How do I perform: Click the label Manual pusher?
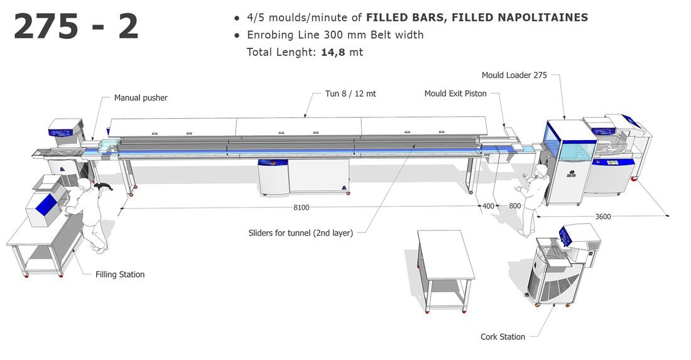(x=141, y=98)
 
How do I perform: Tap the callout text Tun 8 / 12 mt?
(x=351, y=94)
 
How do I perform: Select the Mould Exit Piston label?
(x=455, y=94)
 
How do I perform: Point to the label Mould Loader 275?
(x=514, y=75)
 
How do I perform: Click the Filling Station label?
(x=120, y=275)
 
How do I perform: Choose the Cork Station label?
(x=503, y=337)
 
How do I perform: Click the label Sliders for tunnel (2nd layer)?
(x=300, y=233)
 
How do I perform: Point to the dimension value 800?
(x=514, y=206)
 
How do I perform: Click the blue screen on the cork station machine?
(x=565, y=236)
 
